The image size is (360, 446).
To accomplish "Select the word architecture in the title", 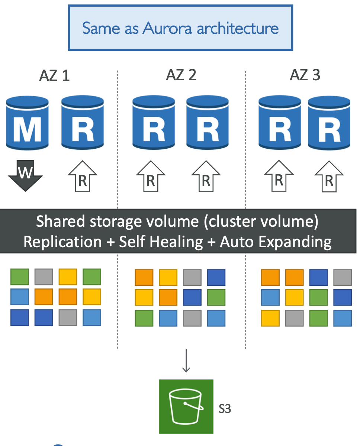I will (x=238, y=28).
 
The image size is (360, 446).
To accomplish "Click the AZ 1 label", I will (x=55, y=76).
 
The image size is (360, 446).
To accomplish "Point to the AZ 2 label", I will (x=181, y=75).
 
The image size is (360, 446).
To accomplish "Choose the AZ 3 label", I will (x=305, y=75).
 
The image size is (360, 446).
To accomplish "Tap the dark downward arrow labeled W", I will (x=25, y=175).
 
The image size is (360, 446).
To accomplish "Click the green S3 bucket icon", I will (x=186, y=406).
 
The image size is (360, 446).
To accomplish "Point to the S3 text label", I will (x=225, y=409).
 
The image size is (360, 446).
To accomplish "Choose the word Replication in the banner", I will (x=62, y=242).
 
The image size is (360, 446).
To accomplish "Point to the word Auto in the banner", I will (x=237, y=242).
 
